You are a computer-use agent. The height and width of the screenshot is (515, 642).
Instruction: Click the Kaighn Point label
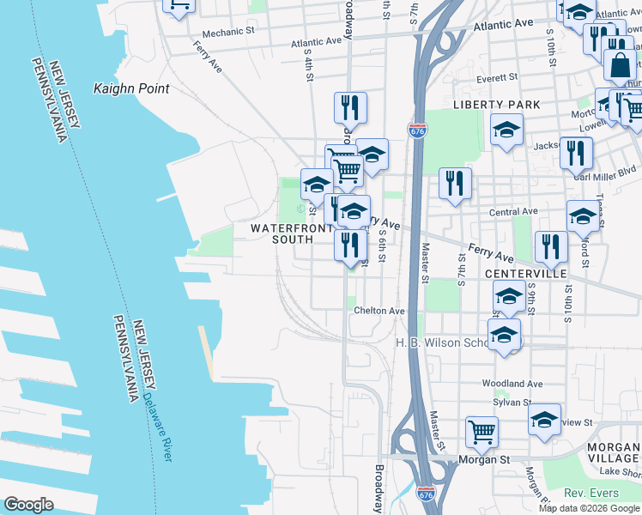click(130, 88)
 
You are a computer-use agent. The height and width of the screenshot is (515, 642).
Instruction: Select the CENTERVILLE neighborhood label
click(525, 273)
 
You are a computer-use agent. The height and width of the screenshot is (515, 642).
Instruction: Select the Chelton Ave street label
click(379, 311)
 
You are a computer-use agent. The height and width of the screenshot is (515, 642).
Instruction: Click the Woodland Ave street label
click(512, 384)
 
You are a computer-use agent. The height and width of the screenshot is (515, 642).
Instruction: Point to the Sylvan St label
click(512, 402)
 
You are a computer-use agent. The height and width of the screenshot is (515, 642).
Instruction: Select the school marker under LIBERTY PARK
click(506, 131)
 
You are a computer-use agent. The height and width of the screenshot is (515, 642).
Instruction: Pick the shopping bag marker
click(619, 64)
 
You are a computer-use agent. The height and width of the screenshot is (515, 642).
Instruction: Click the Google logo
click(29, 505)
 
